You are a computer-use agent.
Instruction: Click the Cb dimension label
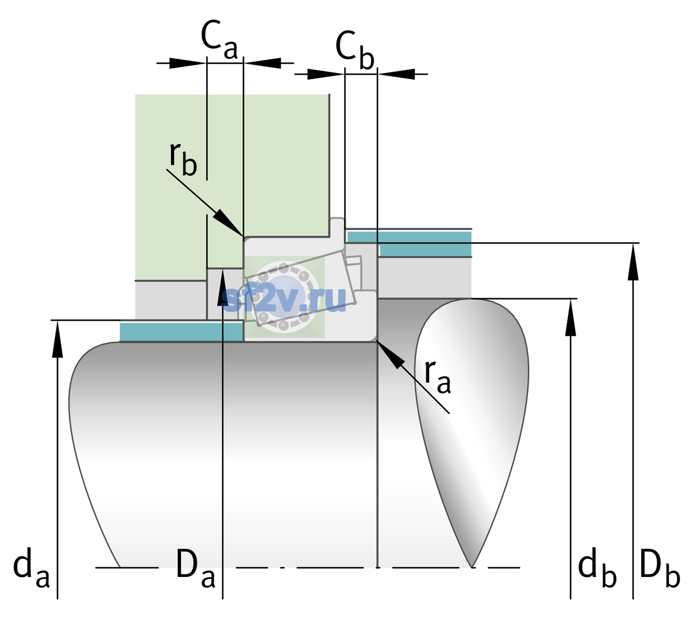tap(354, 50)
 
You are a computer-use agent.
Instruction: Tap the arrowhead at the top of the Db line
tap(633, 261)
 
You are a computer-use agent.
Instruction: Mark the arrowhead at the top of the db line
tap(570, 317)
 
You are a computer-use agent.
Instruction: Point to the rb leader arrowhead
tap(228, 222)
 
